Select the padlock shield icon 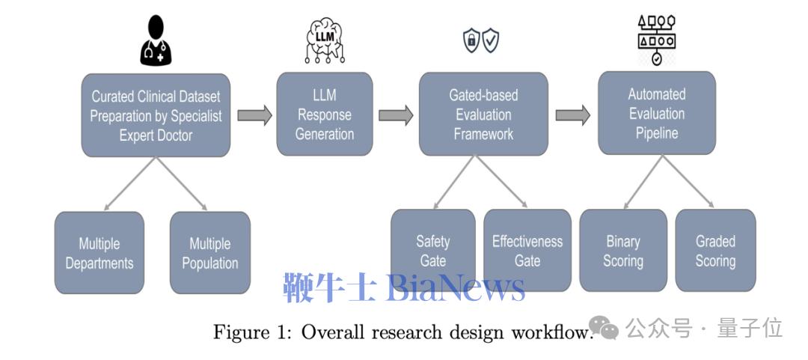[471, 41]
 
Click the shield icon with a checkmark [491, 41]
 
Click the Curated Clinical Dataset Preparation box [156, 115]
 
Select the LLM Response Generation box [325, 114]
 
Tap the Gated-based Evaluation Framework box [483, 115]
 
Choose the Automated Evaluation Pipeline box [656, 114]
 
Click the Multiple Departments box [100, 252]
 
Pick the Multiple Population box [210, 252]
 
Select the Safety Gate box [433, 251]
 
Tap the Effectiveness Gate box [527, 251]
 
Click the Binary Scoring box [623, 251]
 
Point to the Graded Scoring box [715, 251]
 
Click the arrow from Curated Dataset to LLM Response [254, 115]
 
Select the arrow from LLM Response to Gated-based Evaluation [395, 115]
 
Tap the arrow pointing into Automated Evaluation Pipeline [572, 115]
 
